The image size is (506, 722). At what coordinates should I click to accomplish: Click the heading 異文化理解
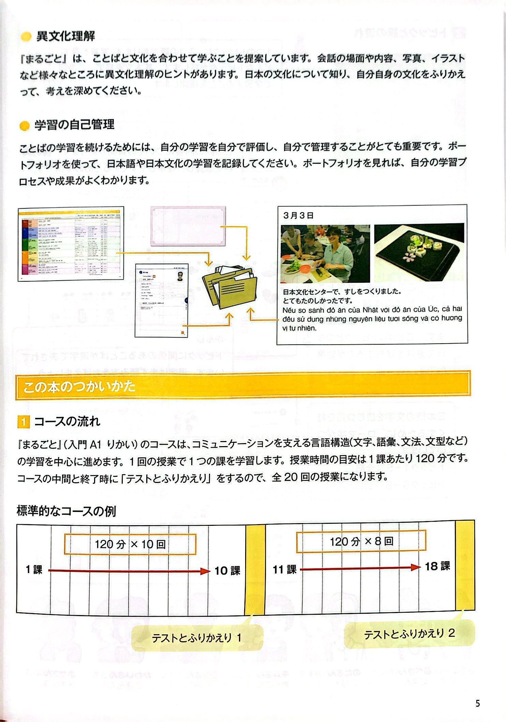pyautogui.click(x=65, y=36)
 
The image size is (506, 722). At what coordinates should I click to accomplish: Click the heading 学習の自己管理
pyautogui.click(x=74, y=125)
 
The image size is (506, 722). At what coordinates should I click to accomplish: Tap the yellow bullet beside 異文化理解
pyautogui.click(x=26, y=37)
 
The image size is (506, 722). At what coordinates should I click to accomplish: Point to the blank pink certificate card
pyautogui.click(x=188, y=226)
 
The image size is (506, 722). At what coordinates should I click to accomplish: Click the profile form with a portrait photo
pyautogui.click(x=161, y=300)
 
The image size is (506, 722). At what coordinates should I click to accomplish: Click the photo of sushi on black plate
pyautogui.click(x=419, y=252)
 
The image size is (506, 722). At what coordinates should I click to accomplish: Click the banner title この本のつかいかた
pyautogui.click(x=79, y=387)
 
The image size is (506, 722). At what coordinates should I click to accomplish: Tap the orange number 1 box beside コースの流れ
pyautogui.click(x=24, y=422)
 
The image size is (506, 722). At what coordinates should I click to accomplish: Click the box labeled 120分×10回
pyautogui.click(x=130, y=544)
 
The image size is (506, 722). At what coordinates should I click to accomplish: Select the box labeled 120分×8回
pyautogui.click(x=361, y=541)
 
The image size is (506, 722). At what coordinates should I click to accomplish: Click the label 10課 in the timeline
pyautogui.click(x=227, y=571)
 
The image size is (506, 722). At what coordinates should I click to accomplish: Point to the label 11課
pyautogui.click(x=284, y=569)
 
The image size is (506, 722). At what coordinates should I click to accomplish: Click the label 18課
pyautogui.click(x=437, y=566)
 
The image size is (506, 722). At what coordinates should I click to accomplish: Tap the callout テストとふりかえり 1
pyautogui.click(x=197, y=638)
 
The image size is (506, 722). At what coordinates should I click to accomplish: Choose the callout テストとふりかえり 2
pyautogui.click(x=409, y=634)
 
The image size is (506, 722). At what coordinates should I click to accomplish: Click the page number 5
pyautogui.click(x=477, y=703)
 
